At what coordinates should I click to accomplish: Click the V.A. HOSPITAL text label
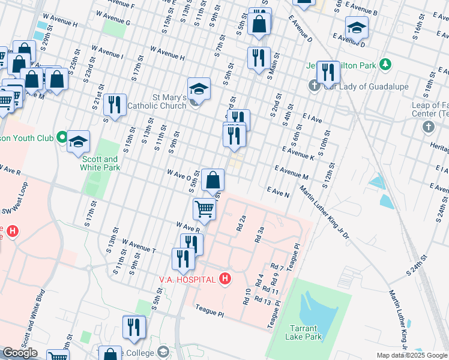187,279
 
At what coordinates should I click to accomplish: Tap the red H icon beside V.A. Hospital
225,278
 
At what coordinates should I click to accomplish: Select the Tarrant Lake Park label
307,332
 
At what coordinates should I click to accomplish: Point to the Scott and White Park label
100,163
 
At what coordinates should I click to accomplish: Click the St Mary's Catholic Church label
161,101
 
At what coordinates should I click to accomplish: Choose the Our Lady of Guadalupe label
366,86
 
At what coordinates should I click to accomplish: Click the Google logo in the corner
20,353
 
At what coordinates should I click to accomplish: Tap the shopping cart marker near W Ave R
204,209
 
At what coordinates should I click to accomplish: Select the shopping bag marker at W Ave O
212,179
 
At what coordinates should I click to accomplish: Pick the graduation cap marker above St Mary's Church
199,89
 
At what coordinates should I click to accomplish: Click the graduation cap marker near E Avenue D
357,28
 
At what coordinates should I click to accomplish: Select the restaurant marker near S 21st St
114,104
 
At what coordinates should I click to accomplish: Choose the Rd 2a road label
241,224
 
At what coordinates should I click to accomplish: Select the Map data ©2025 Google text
412,355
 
